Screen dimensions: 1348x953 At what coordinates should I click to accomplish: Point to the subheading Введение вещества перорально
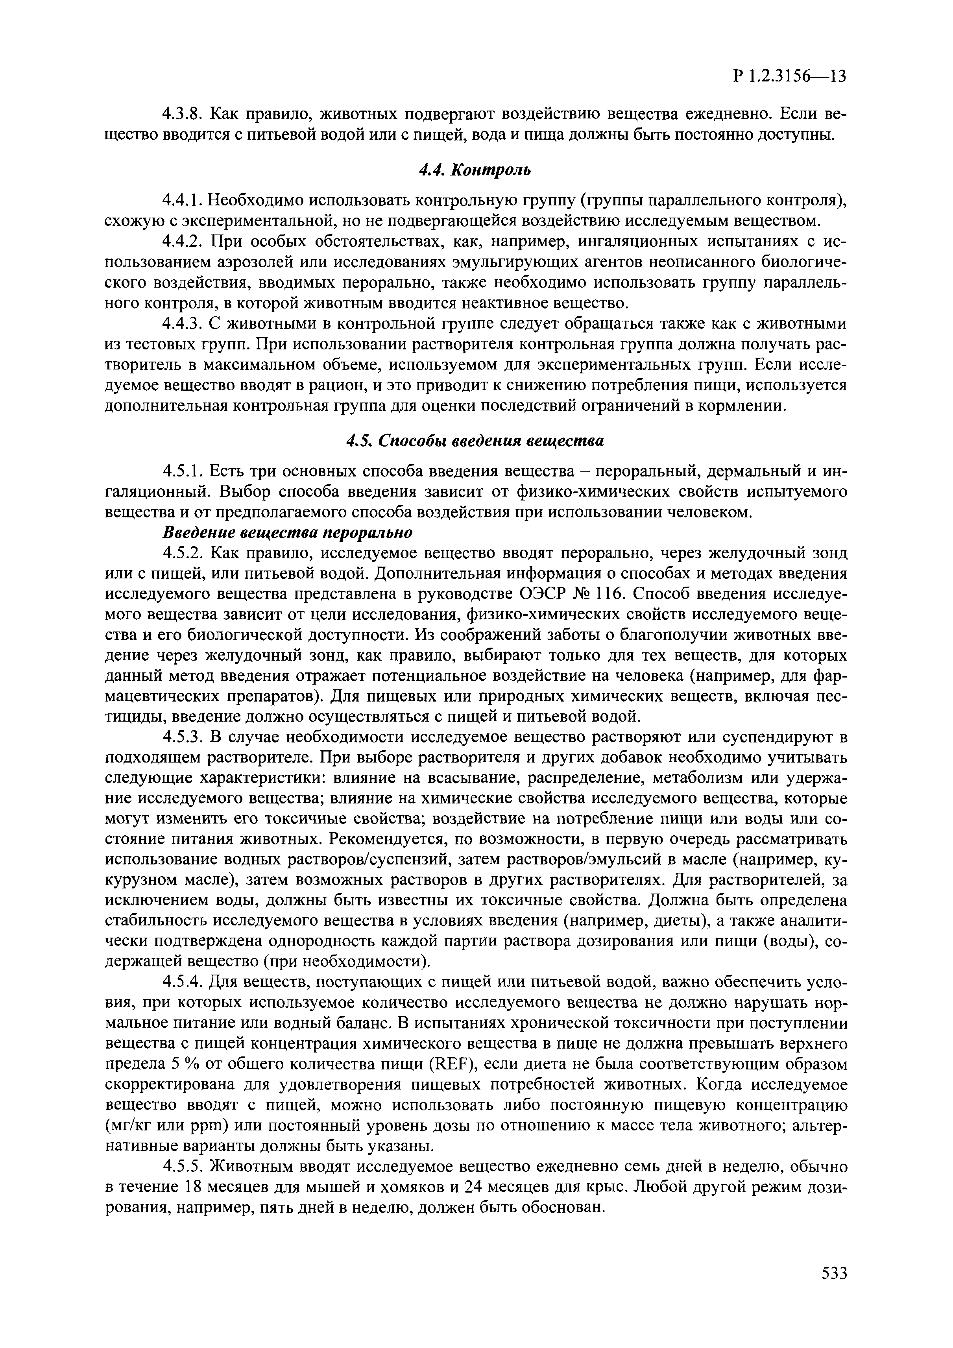point(287,532)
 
